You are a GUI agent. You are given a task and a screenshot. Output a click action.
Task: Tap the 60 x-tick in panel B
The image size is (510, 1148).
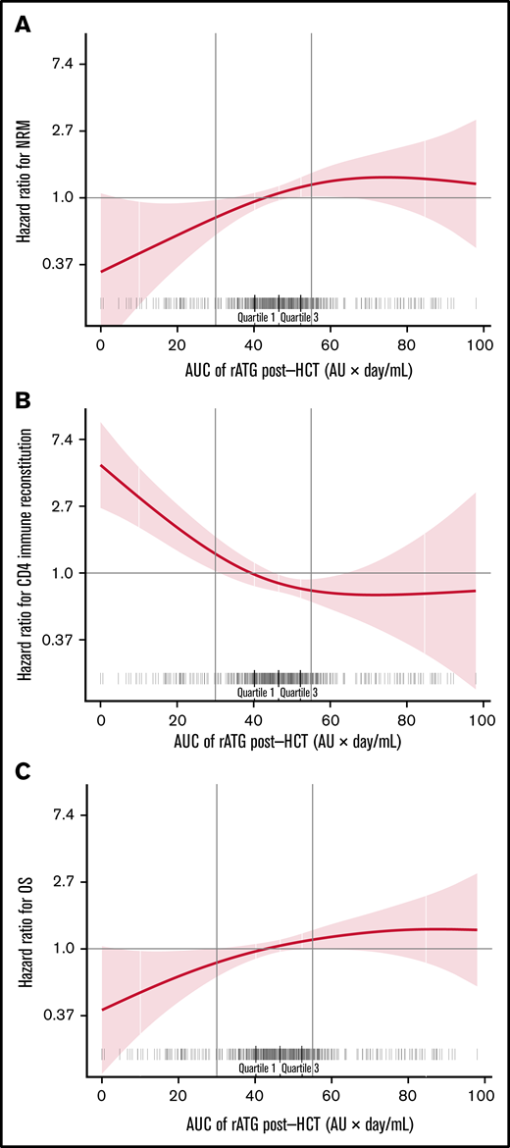click(331, 720)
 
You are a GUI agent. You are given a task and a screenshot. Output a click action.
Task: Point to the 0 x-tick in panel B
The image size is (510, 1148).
click(101, 720)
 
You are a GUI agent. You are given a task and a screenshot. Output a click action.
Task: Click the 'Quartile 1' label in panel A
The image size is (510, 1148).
click(257, 317)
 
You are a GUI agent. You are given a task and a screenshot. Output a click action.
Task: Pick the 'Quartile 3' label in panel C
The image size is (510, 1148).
click(299, 1068)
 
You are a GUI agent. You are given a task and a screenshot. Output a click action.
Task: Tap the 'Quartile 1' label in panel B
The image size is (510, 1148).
click(257, 693)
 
